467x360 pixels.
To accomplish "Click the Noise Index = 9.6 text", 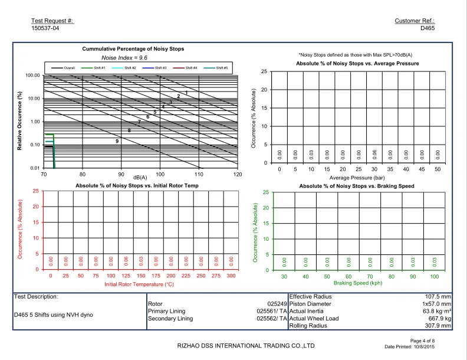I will [x=124, y=58].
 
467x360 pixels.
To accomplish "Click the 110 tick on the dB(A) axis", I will [x=199, y=174].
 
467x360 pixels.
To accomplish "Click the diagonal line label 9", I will [x=117, y=141].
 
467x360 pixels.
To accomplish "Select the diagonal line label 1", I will [x=186, y=93].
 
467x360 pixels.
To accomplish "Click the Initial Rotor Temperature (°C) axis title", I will [x=139, y=284].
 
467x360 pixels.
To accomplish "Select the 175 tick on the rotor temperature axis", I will [x=156, y=276].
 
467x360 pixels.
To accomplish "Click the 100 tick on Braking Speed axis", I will [x=434, y=277].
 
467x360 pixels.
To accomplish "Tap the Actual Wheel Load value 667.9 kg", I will [x=439, y=318].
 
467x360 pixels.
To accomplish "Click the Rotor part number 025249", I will [x=276, y=304].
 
